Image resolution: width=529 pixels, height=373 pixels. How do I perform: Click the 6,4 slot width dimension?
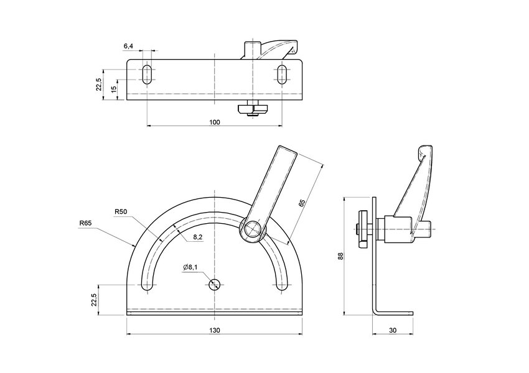pos(128,47)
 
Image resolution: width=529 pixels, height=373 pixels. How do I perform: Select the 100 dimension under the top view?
pos(214,122)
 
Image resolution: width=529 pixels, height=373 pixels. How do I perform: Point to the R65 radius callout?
pos(86,223)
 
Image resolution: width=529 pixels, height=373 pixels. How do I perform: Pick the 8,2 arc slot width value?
pos(199,237)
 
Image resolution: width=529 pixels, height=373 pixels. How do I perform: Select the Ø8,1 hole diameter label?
pos(190,267)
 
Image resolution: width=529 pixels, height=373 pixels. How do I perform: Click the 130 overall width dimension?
pos(214,330)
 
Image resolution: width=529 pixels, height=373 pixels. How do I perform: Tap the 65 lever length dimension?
pos(302,203)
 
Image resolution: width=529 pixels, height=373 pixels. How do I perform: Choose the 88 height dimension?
pos(340,256)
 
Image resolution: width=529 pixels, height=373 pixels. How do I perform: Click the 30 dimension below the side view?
pos(392,330)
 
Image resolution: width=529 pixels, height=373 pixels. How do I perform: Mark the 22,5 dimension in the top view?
pos(98,85)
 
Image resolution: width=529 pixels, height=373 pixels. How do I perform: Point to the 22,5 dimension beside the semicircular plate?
pos(94,299)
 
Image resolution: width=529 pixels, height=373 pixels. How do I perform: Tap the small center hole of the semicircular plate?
pos(214,285)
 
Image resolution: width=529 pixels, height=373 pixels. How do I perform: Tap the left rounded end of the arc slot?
pos(147,285)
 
